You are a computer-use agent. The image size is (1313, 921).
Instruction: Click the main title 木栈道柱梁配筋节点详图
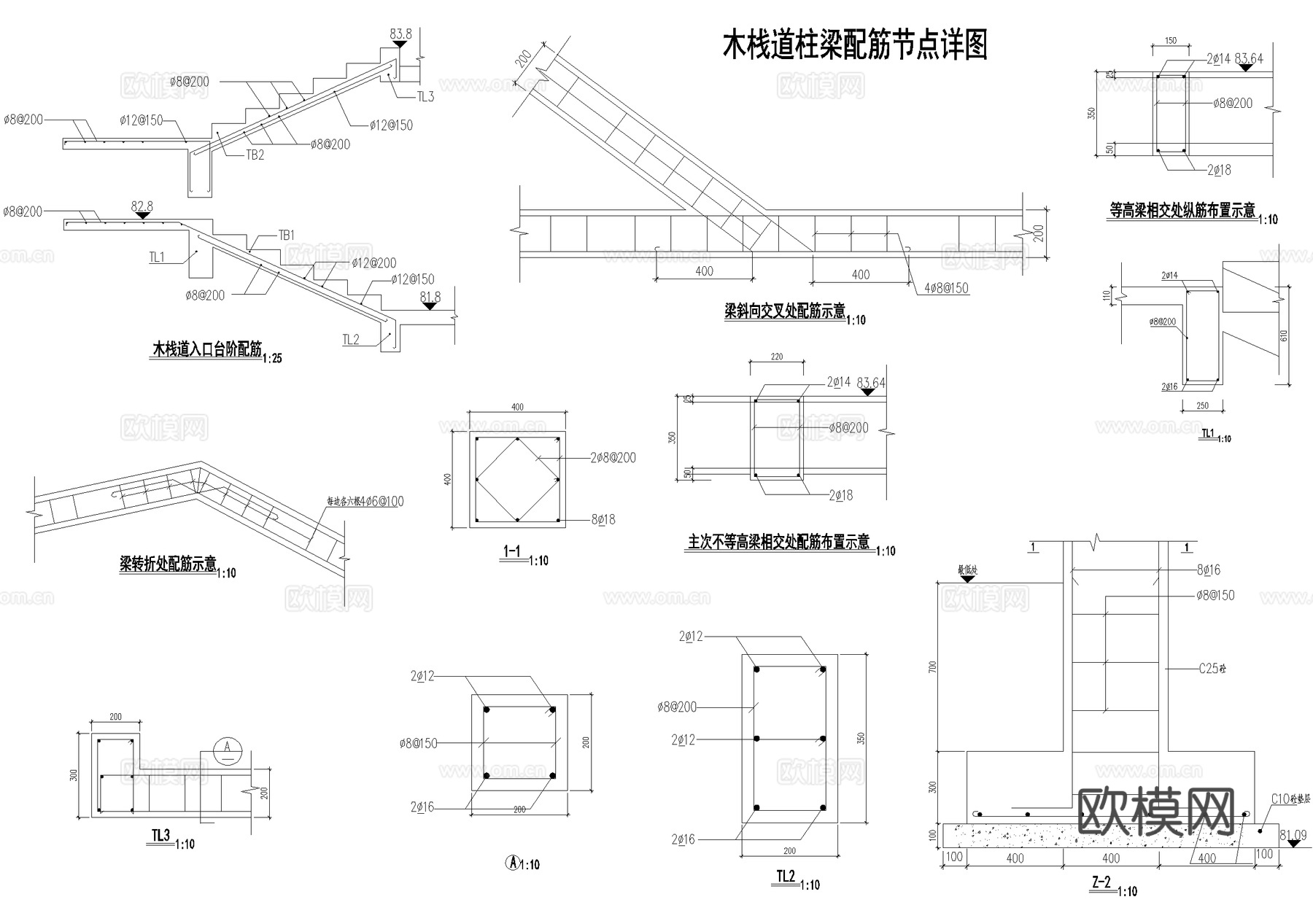tap(854, 45)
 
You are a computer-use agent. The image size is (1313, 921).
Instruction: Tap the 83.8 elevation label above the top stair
tap(400, 34)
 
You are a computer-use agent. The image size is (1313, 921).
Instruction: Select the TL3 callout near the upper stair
tap(425, 96)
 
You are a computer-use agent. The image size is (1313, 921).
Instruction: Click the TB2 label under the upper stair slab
tap(255, 155)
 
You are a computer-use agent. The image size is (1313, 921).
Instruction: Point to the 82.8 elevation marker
tap(142, 207)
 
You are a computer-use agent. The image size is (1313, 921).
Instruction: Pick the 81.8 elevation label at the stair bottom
tap(430, 297)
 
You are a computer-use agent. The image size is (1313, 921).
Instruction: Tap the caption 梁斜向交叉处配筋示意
tap(784, 311)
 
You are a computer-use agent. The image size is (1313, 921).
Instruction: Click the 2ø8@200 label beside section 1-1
tap(613, 458)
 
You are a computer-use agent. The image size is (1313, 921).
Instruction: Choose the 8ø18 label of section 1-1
tap(603, 519)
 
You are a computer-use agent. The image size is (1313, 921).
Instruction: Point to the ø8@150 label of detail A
tap(418, 743)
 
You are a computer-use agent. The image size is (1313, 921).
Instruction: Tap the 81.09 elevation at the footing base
tap(1293, 836)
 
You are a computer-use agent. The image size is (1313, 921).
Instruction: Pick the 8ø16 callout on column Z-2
tap(1209, 570)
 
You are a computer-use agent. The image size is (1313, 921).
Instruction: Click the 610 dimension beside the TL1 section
tap(1283, 335)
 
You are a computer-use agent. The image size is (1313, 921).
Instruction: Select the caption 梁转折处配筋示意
tap(168, 564)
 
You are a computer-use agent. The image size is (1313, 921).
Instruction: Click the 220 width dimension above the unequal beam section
tap(776, 357)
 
